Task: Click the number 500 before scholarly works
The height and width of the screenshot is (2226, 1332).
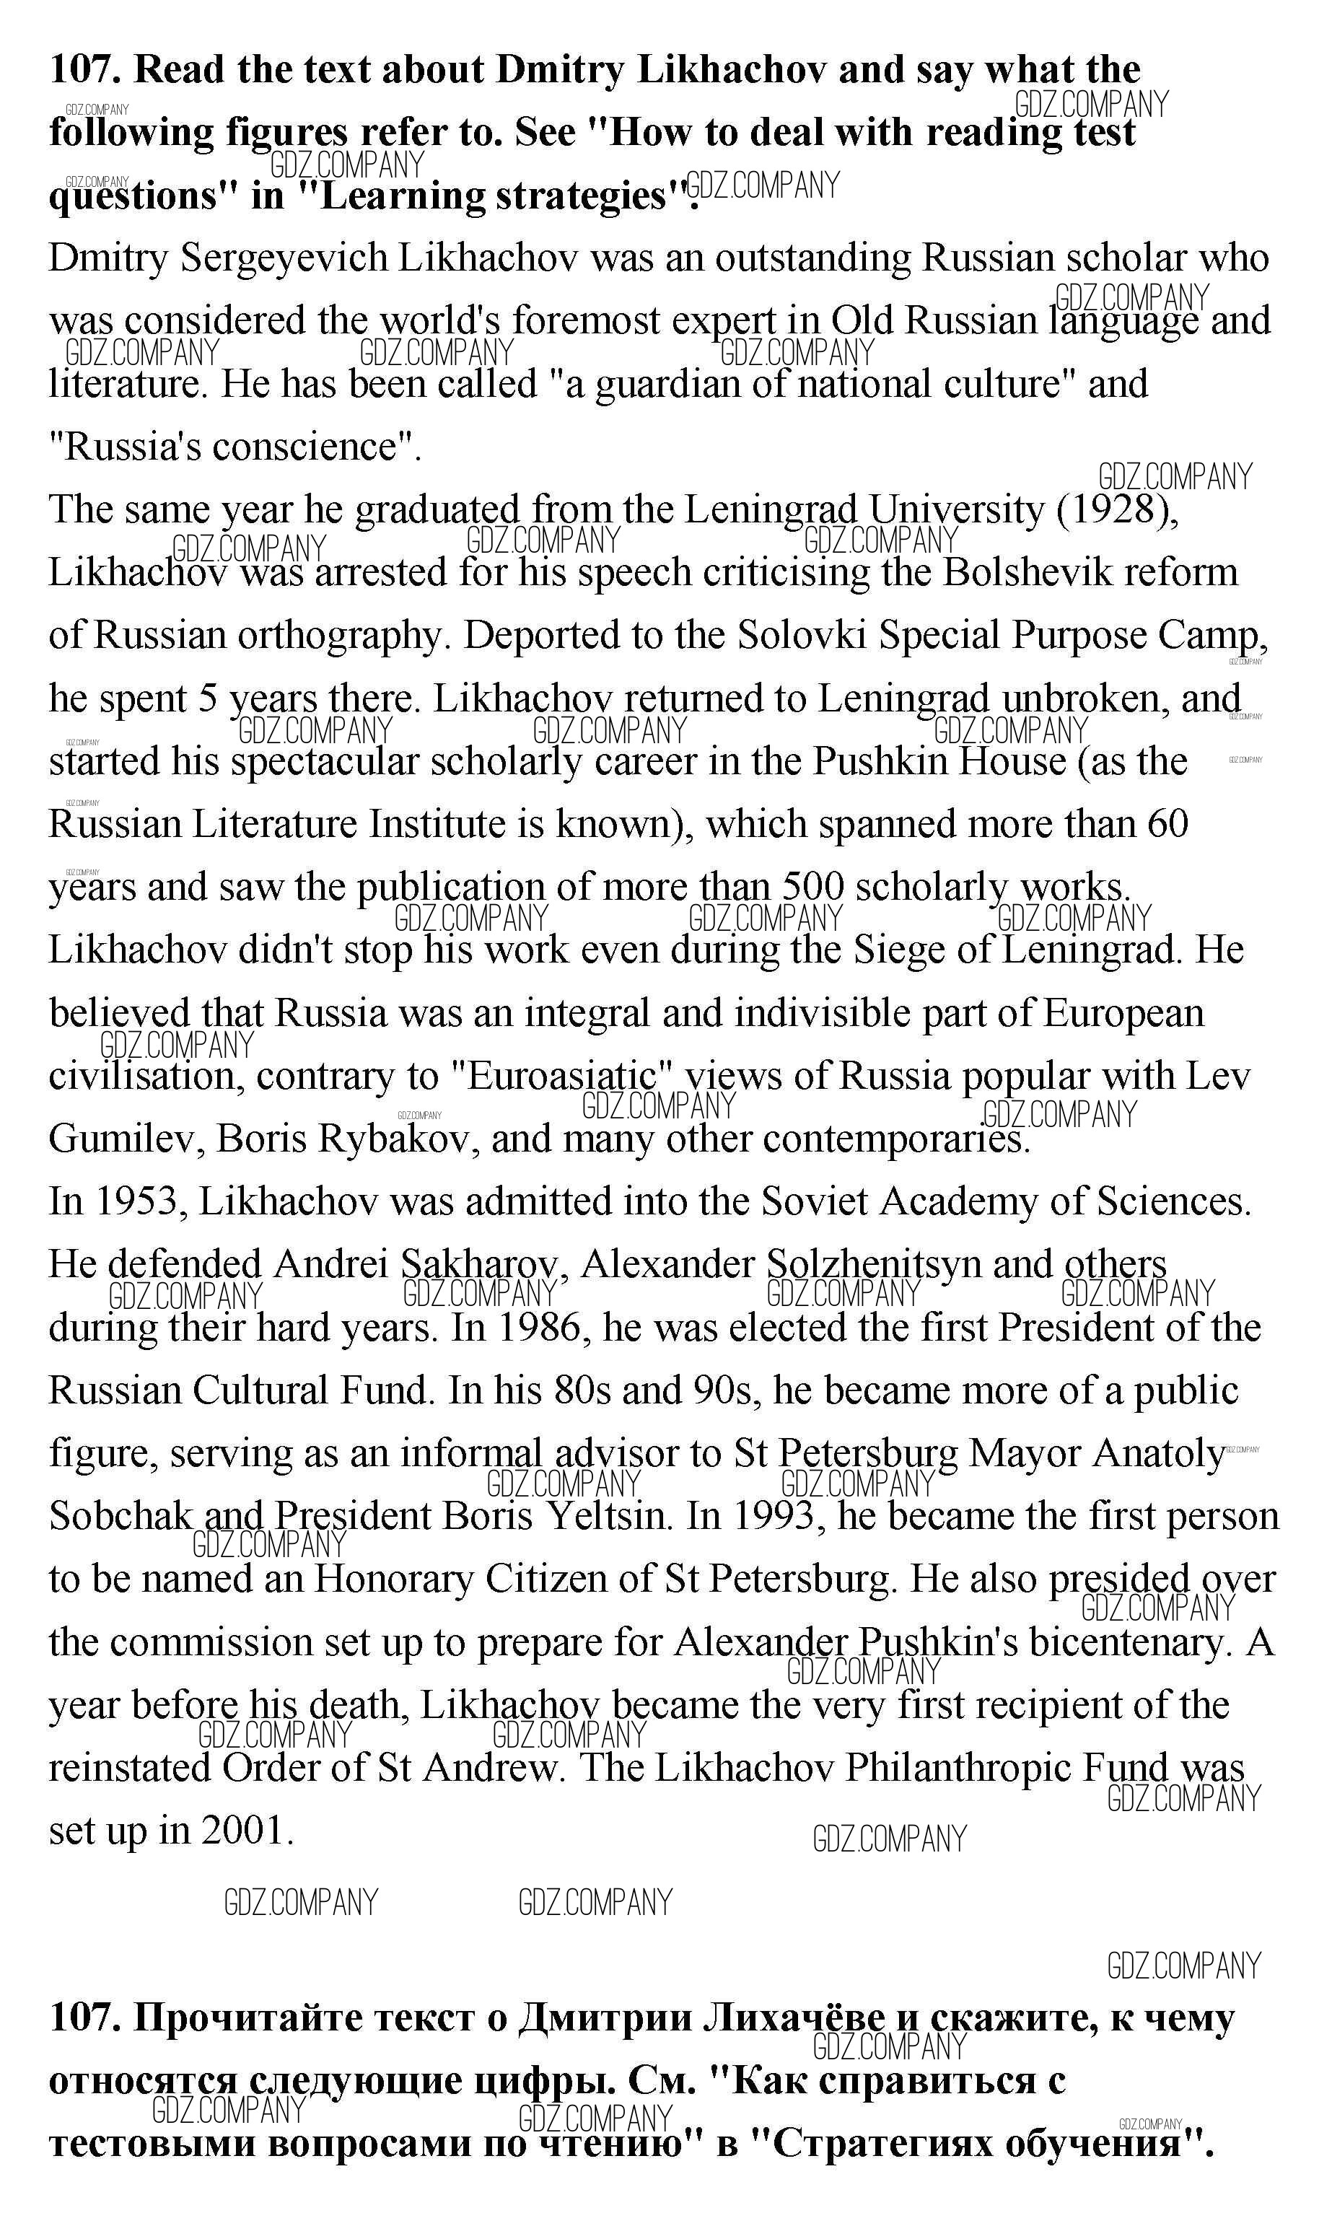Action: tap(812, 887)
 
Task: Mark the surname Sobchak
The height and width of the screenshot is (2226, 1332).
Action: tap(121, 1516)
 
